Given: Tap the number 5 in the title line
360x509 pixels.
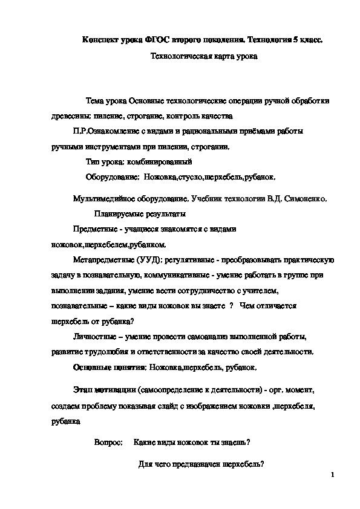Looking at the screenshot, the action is (293, 41).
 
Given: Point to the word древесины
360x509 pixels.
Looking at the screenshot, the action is (71, 116).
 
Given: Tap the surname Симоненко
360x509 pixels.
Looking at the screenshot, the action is (305, 198).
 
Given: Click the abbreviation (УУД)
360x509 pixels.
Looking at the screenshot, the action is (149, 261).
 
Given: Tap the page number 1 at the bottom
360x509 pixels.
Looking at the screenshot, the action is (333, 476).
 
